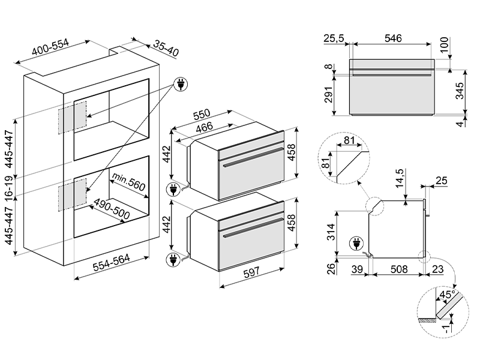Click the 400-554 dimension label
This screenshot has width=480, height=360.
pyautogui.click(x=51, y=52)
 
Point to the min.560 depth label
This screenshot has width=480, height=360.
pyautogui.click(x=128, y=183)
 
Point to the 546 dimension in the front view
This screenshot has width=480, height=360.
pyautogui.click(x=392, y=37)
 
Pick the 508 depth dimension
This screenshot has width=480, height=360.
pyautogui.click(x=398, y=270)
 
